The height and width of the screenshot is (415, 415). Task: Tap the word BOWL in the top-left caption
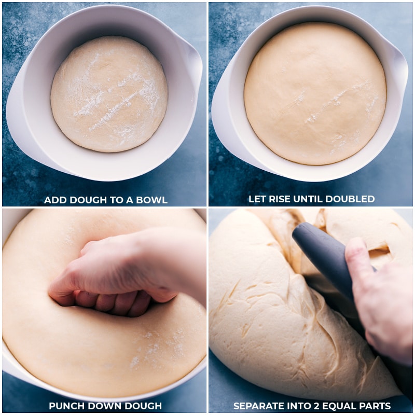click(x=154, y=200)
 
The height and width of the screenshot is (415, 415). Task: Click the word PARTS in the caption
click(x=375, y=406)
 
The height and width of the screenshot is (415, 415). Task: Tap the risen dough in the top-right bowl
click(x=315, y=93)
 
